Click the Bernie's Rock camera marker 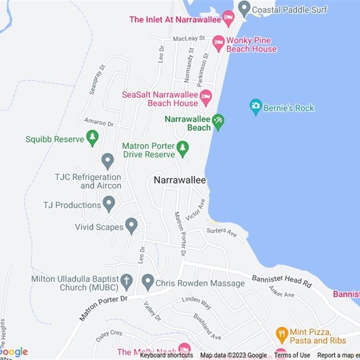(x=256, y=107)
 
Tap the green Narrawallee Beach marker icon (x=218, y=122)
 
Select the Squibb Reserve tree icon (x=92, y=138)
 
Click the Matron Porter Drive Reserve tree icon (x=182, y=149)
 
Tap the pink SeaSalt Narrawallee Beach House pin (x=206, y=98)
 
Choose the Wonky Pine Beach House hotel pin (x=219, y=43)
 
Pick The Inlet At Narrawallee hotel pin (x=229, y=18)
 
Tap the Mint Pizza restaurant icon (x=282, y=335)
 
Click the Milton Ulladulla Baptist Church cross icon (x=127, y=282)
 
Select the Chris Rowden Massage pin (x=148, y=282)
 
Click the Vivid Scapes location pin (x=131, y=225)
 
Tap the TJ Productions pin (x=108, y=204)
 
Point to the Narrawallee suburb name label (x=180, y=180)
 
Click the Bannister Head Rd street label (x=282, y=281)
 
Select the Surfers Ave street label (x=221, y=232)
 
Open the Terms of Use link (x=292, y=355)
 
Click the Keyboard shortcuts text (x=166, y=355)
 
